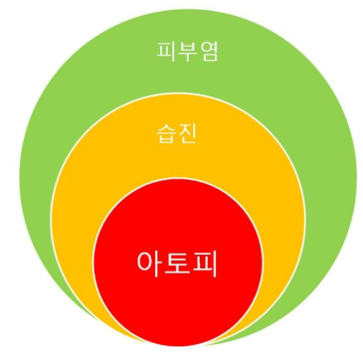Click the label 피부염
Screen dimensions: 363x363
pyautogui.click(x=187, y=52)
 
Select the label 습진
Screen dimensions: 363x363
pyautogui.click(x=176, y=134)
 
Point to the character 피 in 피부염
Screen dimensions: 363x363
pyautogui.click(x=166, y=52)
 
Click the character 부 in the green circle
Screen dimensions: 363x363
pyautogui.click(x=187, y=52)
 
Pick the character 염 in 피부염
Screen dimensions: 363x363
pyautogui.click(x=209, y=52)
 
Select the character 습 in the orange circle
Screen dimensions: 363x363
pyautogui.click(x=166, y=134)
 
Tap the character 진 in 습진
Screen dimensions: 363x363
pyautogui.click(x=187, y=134)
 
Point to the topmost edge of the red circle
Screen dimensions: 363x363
pyautogui.click(x=177, y=178)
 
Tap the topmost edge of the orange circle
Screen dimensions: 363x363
pyautogui.click(x=178, y=93)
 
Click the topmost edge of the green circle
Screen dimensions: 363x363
pyautogui.click(x=188, y=9)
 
